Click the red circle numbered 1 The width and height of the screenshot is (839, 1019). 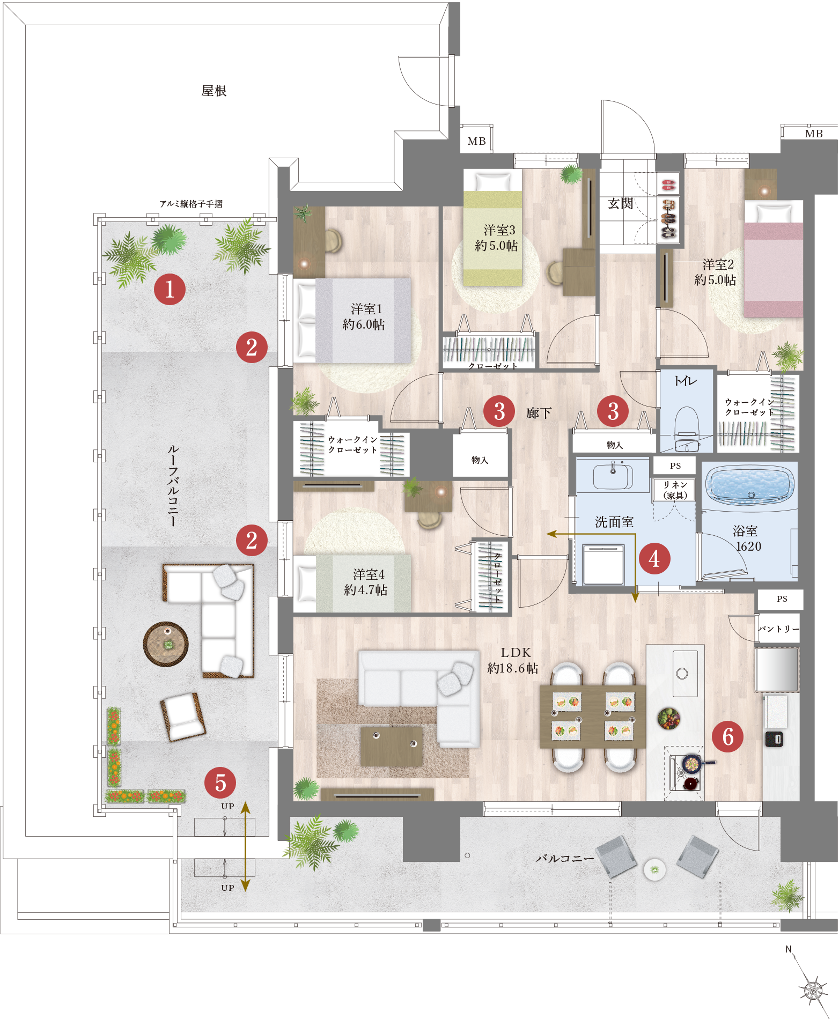tap(170, 290)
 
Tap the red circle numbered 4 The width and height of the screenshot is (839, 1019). tap(654, 559)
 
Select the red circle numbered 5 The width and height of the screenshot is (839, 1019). tap(220, 782)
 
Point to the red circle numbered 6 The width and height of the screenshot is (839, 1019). tap(728, 736)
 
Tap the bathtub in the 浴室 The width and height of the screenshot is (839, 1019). tap(750, 486)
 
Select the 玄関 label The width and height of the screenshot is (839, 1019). tap(621, 203)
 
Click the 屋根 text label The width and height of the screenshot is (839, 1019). tap(214, 91)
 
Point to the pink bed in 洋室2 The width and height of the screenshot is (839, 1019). tap(774, 260)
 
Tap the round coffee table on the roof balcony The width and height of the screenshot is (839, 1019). tap(166, 644)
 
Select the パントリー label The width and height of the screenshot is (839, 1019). tap(779, 629)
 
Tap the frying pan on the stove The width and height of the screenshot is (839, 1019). tap(693, 762)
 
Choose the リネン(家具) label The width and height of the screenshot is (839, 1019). tap(675, 490)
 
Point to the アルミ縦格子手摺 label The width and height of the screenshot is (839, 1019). tap(191, 204)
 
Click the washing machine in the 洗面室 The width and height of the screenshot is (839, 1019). tap(604, 565)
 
